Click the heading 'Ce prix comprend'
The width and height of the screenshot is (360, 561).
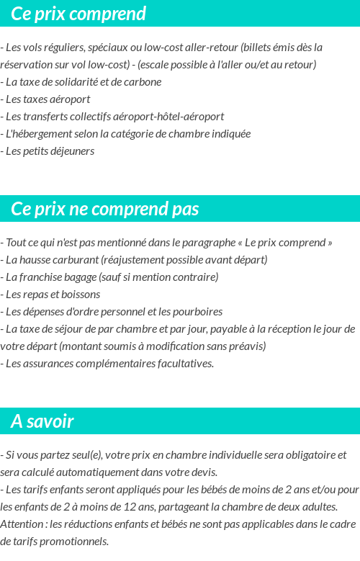pos(78,14)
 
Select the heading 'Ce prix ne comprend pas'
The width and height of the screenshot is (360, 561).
pos(105,209)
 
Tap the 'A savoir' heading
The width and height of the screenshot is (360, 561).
pos(42,421)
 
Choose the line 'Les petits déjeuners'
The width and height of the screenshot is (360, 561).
pos(50,151)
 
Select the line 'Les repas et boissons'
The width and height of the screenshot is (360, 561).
pos(53,295)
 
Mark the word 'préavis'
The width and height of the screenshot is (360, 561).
pos(248,346)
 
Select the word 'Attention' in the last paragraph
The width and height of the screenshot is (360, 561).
pos(22,524)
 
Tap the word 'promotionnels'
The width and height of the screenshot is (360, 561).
pos(76,542)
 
